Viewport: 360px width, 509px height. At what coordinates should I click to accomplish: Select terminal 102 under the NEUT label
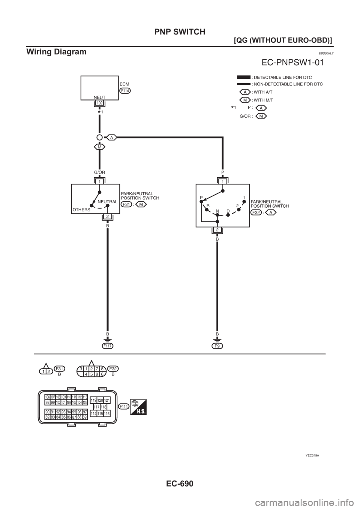pyautogui.click(x=99, y=103)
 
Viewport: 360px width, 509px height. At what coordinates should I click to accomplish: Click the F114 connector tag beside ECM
pyautogui.click(x=125, y=91)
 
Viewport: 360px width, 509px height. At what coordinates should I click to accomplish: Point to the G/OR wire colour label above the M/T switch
pyautogui.click(x=99, y=172)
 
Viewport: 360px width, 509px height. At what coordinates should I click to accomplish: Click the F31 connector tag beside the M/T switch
pyautogui.click(x=126, y=204)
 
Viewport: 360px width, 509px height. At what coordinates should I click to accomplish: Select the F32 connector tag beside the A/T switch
pyautogui.click(x=256, y=212)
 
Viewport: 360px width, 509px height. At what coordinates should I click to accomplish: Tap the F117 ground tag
pyautogui.click(x=107, y=347)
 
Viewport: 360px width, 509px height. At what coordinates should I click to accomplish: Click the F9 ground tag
pyautogui.click(x=217, y=347)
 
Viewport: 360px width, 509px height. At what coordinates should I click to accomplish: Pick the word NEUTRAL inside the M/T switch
pyautogui.click(x=107, y=202)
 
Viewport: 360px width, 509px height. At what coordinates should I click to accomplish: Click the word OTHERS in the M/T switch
pyautogui.click(x=81, y=210)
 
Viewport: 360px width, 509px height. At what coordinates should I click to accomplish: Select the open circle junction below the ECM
pyautogui.click(x=99, y=138)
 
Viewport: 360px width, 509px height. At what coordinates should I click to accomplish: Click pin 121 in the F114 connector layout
pyautogui.click(x=107, y=400)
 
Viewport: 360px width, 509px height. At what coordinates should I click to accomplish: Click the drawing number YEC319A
pyautogui.click(x=312, y=455)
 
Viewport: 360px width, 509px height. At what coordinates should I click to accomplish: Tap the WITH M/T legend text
pyautogui.click(x=262, y=100)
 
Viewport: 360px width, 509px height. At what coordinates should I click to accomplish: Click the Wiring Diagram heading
pyautogui.click(x=56, y=52)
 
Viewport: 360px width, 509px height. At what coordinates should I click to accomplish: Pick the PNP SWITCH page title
pyautogui.click(x=180, y=32)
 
